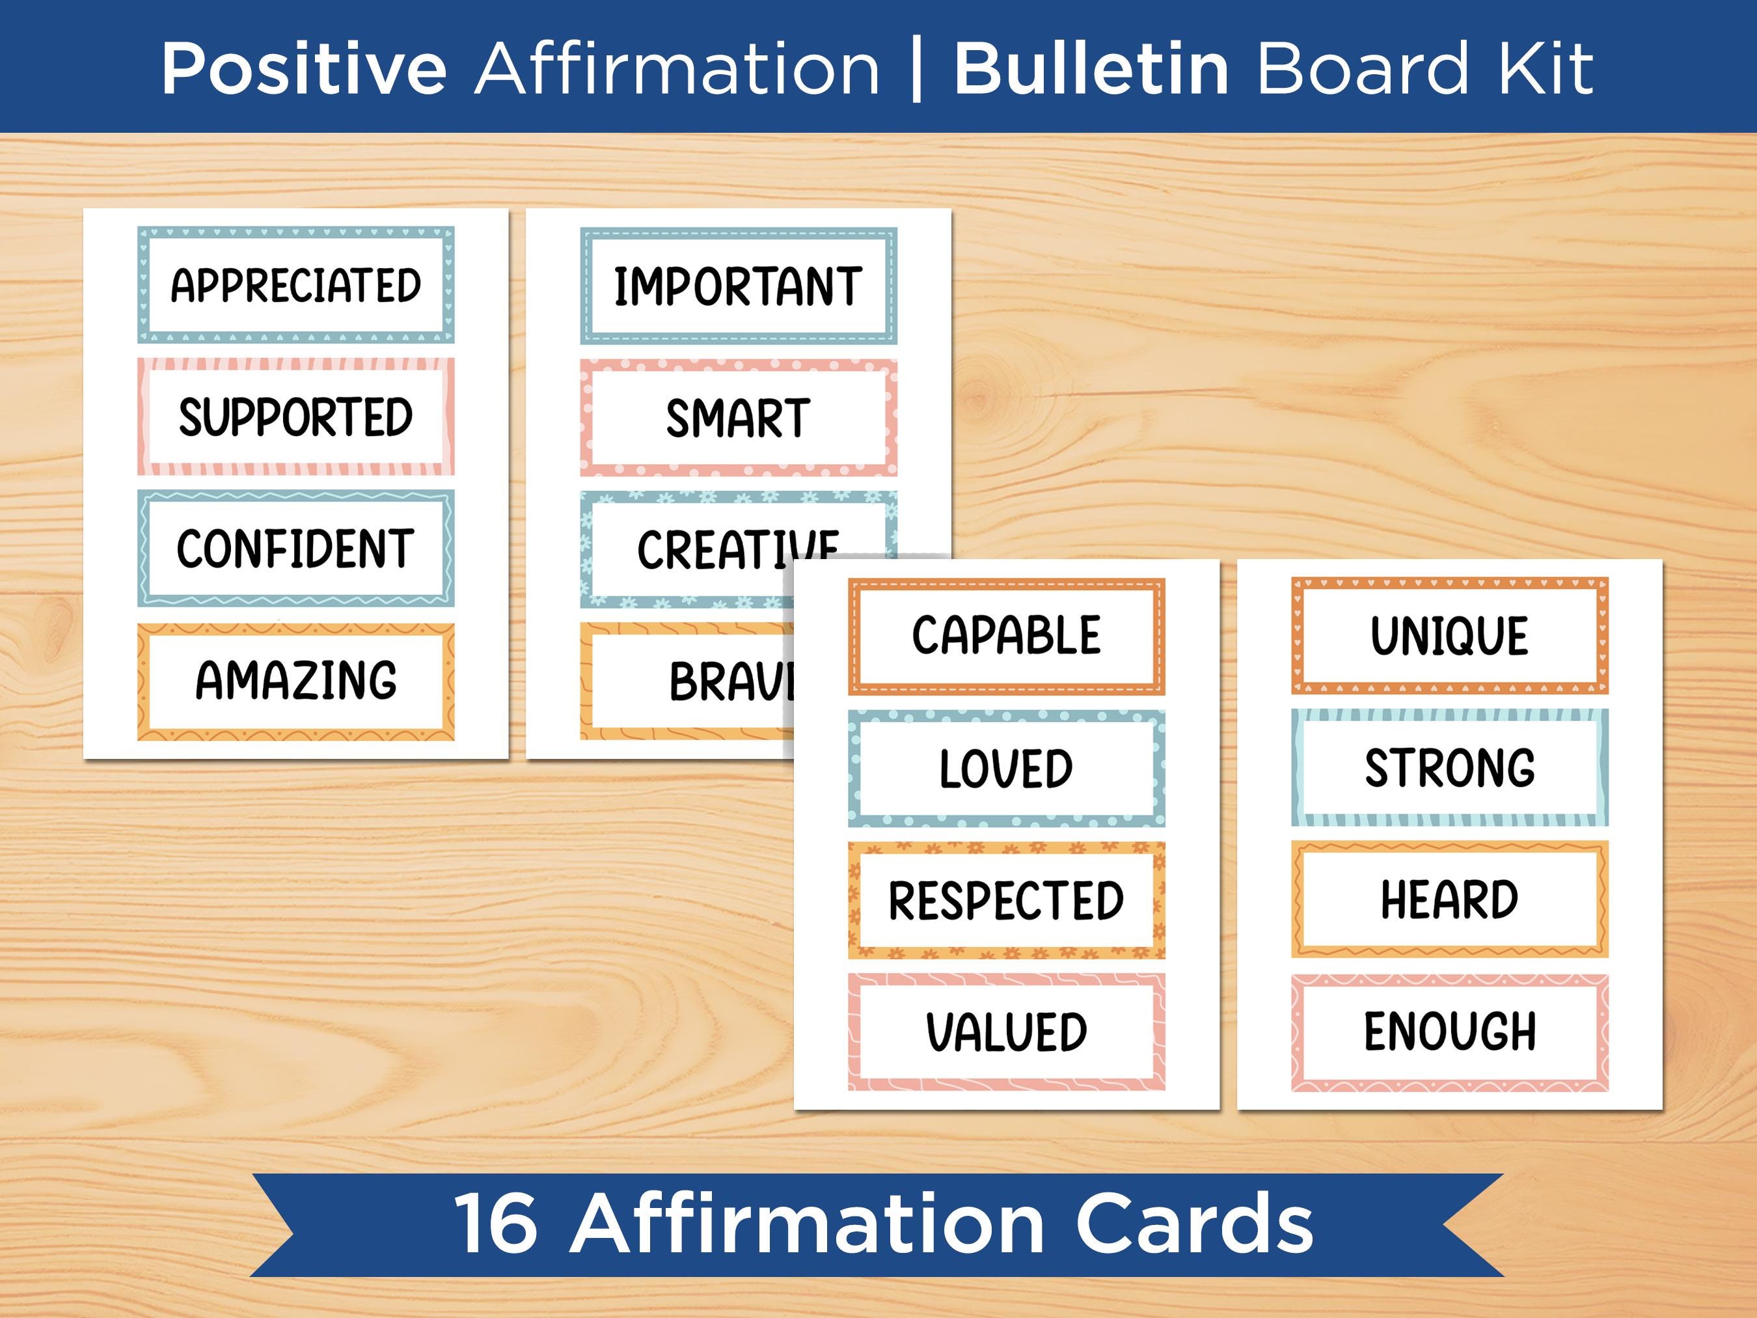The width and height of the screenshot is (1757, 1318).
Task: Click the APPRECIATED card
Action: [295, 284]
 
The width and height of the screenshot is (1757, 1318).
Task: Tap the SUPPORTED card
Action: [295, 417]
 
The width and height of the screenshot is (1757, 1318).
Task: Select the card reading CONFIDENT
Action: [295, 548]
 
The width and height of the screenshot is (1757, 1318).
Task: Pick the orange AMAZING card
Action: [295, 681]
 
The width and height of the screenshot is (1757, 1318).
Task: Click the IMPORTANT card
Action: [738, 285]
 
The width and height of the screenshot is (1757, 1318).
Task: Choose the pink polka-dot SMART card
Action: [738, 418]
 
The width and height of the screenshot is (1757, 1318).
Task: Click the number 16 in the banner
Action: [496, 1224]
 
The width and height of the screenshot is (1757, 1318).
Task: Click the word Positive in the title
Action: [304, 70]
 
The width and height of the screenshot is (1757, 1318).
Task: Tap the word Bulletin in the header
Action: [1091, 70]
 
